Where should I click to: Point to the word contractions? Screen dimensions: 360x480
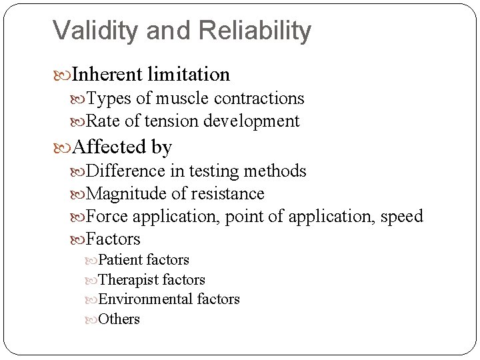[261, 99]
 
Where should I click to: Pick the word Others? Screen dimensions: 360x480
[119, 319]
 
